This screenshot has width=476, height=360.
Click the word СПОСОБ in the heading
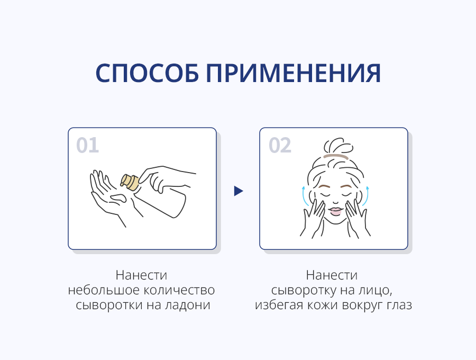(147, 73)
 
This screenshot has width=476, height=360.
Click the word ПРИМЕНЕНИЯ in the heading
(293, 73)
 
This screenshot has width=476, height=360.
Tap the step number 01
(87, 145)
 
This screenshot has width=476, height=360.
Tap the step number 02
(280, 145)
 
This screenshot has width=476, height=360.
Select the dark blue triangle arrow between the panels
(239, 191)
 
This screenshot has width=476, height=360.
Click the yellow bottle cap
(130, 182)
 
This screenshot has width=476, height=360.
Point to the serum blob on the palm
(118, 198)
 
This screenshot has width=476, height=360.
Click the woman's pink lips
(335, 211)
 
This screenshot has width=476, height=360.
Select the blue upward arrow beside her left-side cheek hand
(304, 196)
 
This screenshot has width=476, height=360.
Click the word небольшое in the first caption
(103, 290)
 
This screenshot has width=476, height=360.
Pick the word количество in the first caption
(179, 290)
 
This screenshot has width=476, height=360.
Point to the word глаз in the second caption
(399, 305)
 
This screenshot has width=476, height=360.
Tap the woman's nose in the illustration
(335, 201)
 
